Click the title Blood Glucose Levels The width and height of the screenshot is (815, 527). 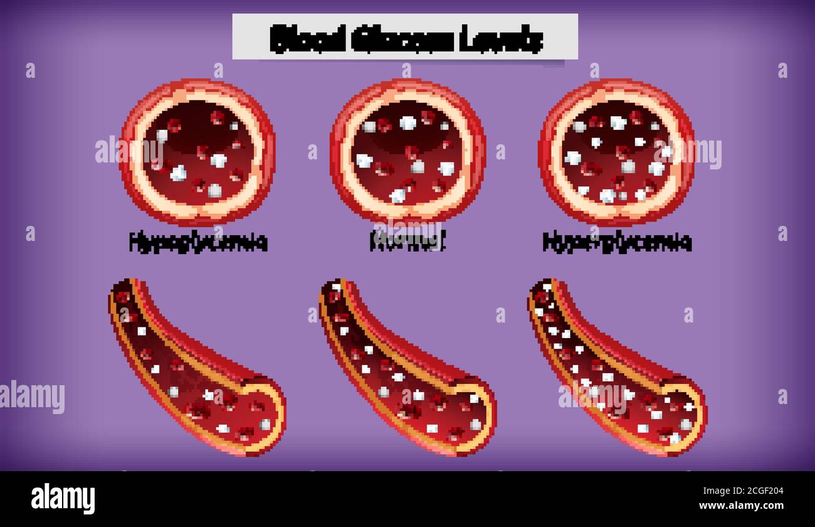(x=406, y=38)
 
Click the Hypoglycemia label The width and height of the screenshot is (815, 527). (x=198, y=242)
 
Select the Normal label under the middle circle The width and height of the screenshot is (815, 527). (x=407, y=242)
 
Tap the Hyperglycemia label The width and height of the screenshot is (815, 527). (x=617, y=242)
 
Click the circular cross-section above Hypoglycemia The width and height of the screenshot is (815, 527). (x=197, y=152)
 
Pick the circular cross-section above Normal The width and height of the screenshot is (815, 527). (x=407, y=152)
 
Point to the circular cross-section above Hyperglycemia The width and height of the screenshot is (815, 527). (x=616, y=152)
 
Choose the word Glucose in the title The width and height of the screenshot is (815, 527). (x=401, y=38)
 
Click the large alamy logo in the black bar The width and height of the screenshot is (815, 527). (x=63, y=499)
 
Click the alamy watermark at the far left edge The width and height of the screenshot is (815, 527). (x=31, y=397)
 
